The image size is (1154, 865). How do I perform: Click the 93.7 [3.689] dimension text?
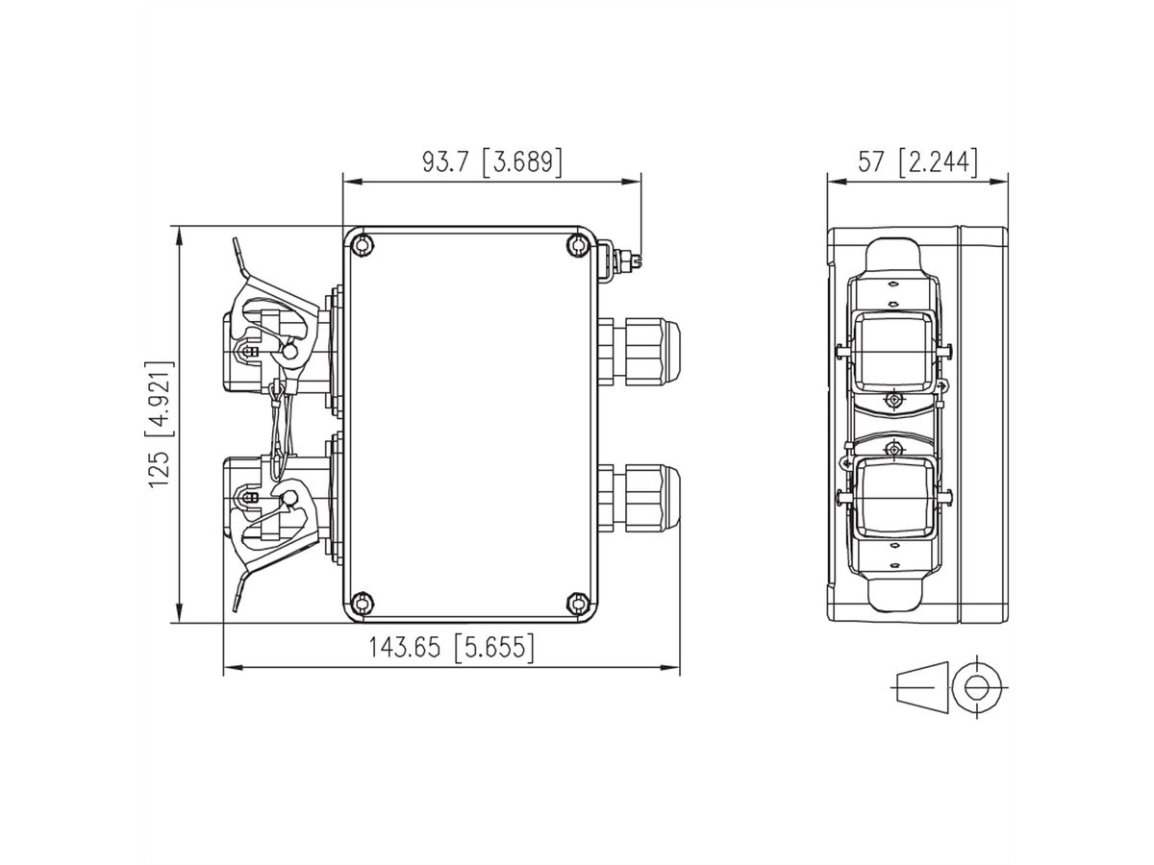(491, 161)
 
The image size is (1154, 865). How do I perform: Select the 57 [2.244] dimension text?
(917, 161)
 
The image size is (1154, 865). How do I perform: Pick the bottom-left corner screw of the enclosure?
(360, 603)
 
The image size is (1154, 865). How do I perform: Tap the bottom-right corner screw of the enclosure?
(577, 603)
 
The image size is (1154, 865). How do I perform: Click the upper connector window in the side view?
(894, 346)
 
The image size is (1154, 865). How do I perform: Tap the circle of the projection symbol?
(977, 687)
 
